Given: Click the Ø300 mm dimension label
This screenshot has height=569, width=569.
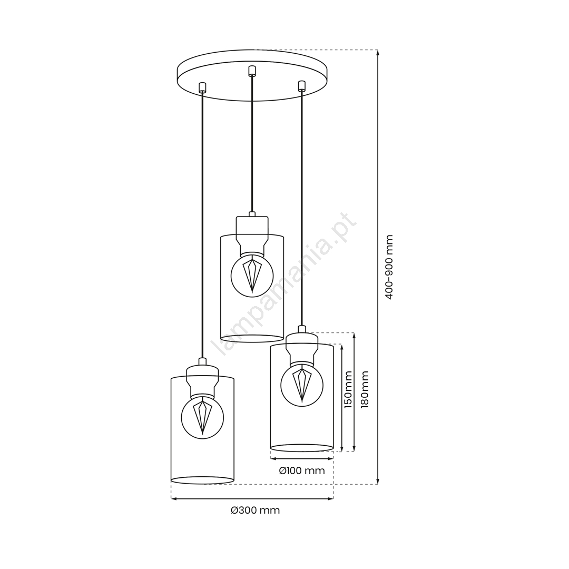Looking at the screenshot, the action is tap(255, 510).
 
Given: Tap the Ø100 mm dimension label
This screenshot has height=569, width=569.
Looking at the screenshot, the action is tap(301, 470).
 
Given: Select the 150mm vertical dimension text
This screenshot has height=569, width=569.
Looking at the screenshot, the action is tap(348, 389).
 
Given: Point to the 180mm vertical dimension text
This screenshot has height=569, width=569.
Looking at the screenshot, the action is tap(365, 389).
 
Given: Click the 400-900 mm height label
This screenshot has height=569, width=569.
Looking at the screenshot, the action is tap(389, 267).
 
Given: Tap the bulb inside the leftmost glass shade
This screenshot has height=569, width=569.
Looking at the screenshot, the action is tap(202, 417).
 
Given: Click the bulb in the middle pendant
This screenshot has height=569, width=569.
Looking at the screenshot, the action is tap(252, 273).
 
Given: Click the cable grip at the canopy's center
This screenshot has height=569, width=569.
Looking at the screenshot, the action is tap(251, 71).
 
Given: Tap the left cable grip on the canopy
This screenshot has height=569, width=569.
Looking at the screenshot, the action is tap(202, 88).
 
